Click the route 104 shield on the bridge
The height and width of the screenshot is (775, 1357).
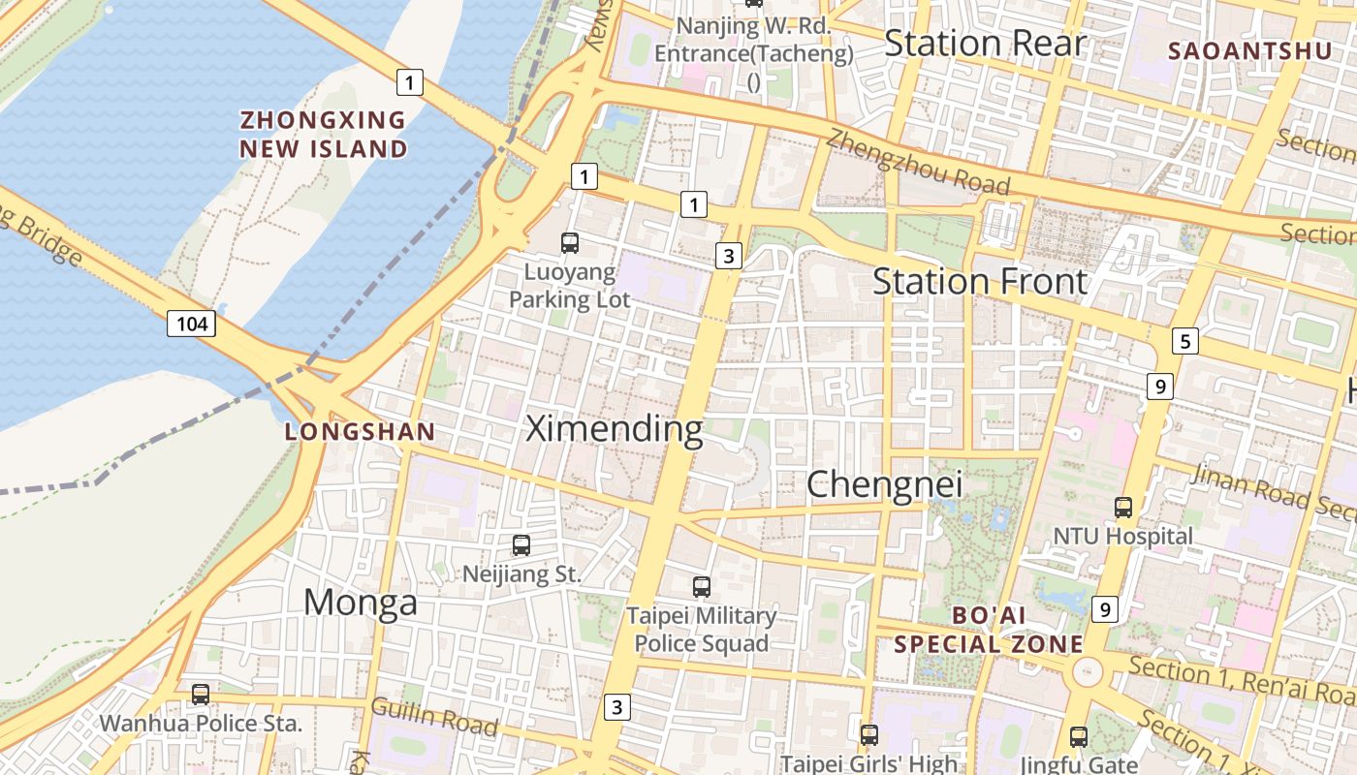(191, 324)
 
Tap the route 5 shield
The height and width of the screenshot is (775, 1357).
(1184, 341)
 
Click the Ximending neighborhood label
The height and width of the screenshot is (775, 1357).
(614, 428)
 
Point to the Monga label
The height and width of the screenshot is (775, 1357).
(361, 603)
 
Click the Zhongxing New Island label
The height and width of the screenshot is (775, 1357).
(324, 135)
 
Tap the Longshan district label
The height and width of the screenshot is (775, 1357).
(360, 432)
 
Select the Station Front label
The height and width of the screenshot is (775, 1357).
(980, 282)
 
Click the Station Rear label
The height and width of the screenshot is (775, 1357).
(986, 44)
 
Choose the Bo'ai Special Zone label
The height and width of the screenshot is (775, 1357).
(989, 630)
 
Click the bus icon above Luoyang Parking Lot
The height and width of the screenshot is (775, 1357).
(570, 243)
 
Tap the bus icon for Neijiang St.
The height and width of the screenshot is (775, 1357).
(521, 545)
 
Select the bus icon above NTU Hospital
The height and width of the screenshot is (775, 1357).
(1123, 507)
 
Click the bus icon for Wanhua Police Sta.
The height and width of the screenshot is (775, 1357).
(201, 695)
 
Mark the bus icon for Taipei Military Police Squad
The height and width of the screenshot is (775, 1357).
(702, 587)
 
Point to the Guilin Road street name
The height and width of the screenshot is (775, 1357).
(434, 718)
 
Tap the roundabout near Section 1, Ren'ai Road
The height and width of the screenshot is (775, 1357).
(1088, 670)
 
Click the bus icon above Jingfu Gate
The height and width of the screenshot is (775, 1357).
(1079, 737)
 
